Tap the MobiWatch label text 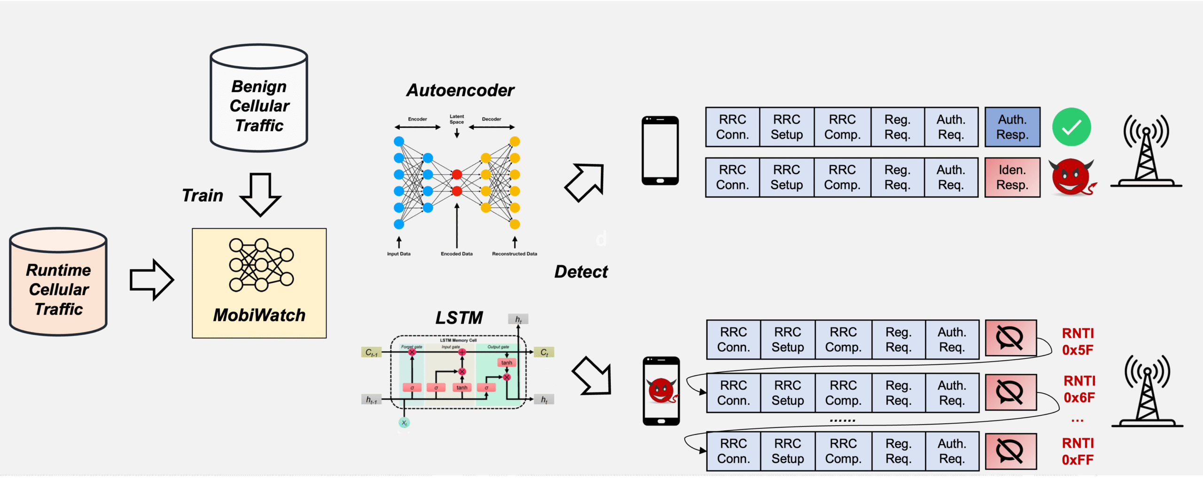259,315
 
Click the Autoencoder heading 460,90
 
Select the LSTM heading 459,318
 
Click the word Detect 581,272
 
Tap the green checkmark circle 1071,127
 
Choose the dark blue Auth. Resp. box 1012,127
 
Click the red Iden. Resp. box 1012,178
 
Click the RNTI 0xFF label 1078,451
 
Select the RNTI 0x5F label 1078,341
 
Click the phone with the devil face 661,391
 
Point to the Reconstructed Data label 514,254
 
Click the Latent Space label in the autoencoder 456,119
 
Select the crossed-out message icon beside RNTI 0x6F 1010,392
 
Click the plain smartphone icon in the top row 660,150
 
